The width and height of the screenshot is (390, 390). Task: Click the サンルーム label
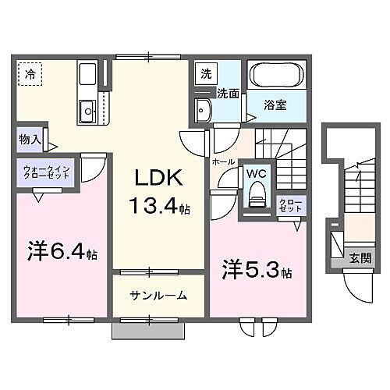tap(158, 296)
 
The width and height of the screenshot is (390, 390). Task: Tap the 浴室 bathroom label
tap(274, 105)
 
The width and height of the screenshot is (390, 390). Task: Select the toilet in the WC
tap(254, 198)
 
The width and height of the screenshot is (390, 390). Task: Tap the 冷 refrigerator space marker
tap(29, 74)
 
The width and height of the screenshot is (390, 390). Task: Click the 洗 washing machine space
tap(206, 75)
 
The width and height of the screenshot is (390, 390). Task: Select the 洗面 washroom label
tap(228, 94)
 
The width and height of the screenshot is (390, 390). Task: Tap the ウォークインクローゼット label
tap(47, 171)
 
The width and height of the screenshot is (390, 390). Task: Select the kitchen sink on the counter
tap(85, 109)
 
